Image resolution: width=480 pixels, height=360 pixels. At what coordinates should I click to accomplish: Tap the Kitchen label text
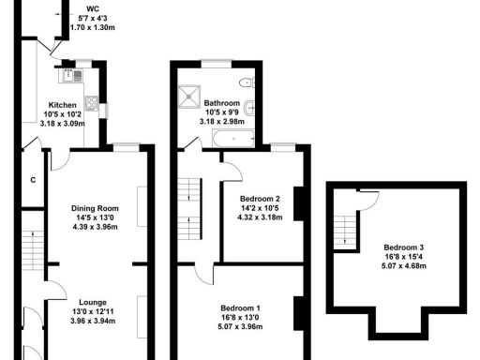(68, 105)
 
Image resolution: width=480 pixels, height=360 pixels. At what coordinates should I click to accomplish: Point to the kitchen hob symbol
(92, 101)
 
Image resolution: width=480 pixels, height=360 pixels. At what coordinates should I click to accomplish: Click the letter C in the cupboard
(33, 180)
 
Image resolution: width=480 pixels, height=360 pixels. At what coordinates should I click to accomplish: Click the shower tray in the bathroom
(190, 94)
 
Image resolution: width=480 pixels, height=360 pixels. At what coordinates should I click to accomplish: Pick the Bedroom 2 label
(260, 199)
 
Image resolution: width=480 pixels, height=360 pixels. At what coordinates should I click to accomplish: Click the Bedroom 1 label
(240, 308)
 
